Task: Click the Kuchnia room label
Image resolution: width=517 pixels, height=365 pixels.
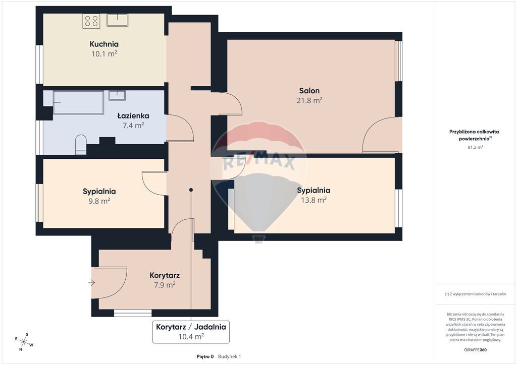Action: [x=104, y=44]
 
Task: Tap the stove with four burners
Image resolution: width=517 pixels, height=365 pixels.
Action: [x=91, y=21]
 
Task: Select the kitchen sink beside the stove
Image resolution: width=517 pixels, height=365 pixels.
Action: [x=117, y=20]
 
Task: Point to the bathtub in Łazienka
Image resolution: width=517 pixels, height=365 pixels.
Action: [x=78, y=102]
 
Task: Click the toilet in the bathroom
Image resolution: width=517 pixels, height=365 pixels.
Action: [x=81, y=144]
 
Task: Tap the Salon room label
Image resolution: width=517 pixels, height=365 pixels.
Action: [x=309, y=91]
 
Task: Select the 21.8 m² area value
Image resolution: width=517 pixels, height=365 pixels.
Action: [x=309, y=100]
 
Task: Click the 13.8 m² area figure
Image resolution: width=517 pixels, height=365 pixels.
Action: [x=314, y=200]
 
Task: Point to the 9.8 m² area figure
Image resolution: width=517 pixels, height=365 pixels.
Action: [x=99, y=201]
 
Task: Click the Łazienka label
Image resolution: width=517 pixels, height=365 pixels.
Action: [x=133, y=116]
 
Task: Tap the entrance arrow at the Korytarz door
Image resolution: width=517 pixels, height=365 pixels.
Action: [x=92, y=283]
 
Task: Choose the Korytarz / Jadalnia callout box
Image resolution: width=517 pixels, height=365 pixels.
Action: [x=191, y=332]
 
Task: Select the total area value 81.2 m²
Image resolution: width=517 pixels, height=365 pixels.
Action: [x=475, y=147]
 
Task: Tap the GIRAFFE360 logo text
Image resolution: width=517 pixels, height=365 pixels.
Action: [x=475, y=350]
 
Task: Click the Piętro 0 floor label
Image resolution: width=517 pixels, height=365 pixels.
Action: [x=205, y=356]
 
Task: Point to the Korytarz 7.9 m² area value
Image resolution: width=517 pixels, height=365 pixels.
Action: [x=165, y=285]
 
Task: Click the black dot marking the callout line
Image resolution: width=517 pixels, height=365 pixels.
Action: [x=191, y=190]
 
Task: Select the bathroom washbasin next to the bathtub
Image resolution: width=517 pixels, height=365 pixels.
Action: [x=117, y=95]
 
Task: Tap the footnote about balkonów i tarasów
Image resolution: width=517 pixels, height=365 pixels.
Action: [x=475, y=294]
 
